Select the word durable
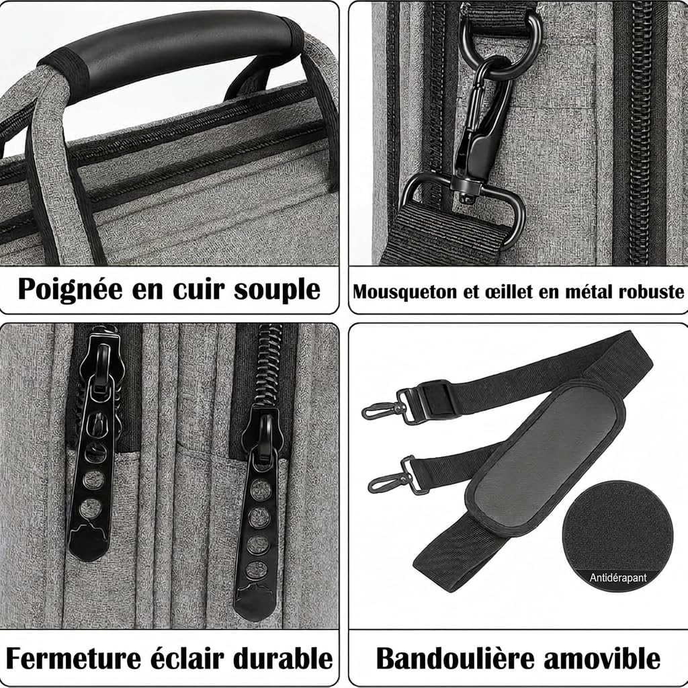pos(286,657)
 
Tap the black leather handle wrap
pos(175,50)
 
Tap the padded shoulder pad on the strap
pos(544,457)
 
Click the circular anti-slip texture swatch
pos(617,531)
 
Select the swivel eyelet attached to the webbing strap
pos(464,202)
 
